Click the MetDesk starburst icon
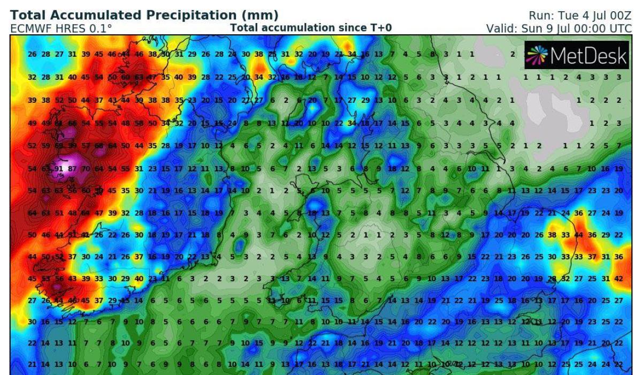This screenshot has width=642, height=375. click(x=537, y=55)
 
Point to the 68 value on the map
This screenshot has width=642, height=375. click(x=100, y=146)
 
